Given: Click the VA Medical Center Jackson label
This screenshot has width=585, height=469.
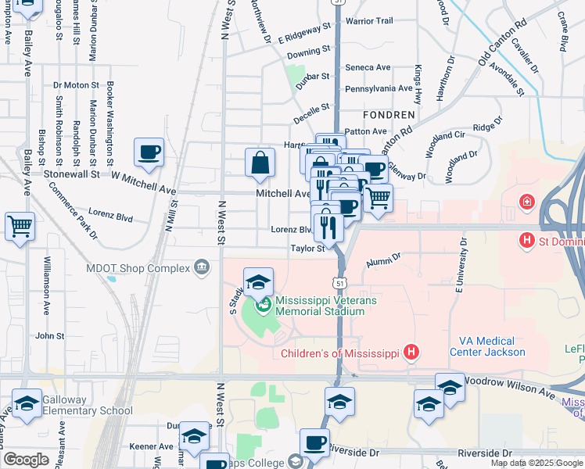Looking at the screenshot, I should (x=487, y=346).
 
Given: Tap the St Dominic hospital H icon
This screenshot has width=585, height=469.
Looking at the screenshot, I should (x=528, y=240).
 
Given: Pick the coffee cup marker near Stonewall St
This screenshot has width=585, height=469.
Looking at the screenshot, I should (x=149, y=153).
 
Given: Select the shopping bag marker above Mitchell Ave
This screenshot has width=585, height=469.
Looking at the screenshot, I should (x=260, y=163).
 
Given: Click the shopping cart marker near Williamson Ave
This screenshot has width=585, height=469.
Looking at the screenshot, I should (x=20, y=226).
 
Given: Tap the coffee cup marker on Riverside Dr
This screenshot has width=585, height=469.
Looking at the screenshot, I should (x=314, y=442).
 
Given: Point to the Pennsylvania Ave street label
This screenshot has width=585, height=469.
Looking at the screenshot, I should (x=379, y=89).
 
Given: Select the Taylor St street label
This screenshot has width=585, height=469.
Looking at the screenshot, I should (x=307, y=249).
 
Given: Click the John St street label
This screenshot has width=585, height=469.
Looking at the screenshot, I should (x=49, y=335).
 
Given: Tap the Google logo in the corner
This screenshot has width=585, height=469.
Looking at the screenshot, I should (x=26, y=460).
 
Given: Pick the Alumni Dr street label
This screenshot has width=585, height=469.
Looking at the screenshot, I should (x=380, y=256).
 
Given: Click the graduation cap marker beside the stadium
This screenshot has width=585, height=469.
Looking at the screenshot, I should (x=258, y=282).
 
